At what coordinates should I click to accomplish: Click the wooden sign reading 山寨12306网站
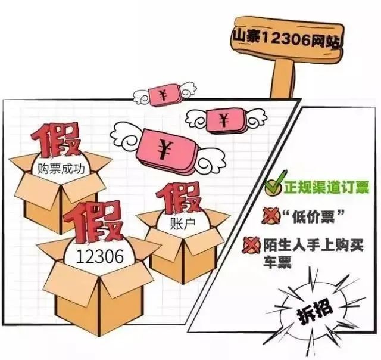click(x=287, y=39)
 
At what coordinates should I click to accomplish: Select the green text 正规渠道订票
click(x=327, y=188)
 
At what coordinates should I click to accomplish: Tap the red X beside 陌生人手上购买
click(x=251, y=245)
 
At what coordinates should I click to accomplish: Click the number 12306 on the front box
click(x=100, y=256)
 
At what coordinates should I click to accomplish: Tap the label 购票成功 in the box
click(x=61, y=169)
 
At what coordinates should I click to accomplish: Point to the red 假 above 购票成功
click(x=57, y=141)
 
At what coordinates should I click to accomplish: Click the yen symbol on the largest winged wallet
click(x=164, y=148)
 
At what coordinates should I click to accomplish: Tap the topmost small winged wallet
click(x=164, y=95)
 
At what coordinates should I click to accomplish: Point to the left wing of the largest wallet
click(x=127, y=137)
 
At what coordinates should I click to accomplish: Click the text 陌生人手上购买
click(x=314, y=246)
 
